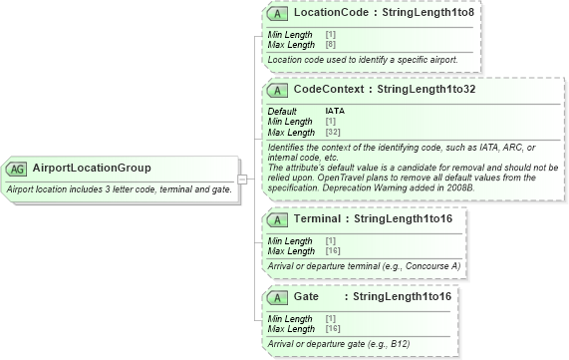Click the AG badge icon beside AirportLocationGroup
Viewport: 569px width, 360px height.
pos(18,168)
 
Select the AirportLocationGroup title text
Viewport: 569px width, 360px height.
pos(92,168)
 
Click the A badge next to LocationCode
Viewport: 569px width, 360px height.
pos(279,15)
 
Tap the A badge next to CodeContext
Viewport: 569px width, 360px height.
pos(279,90)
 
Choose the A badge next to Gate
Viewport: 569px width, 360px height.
pos(279,297)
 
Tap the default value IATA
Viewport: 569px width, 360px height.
pos(335,111)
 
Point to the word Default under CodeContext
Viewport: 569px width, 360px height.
pos(282,111)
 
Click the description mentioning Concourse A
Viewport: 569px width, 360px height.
pos(364,265)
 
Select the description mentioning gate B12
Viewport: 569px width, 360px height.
pos(339,343)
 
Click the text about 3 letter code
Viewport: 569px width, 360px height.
pos(120,188)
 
